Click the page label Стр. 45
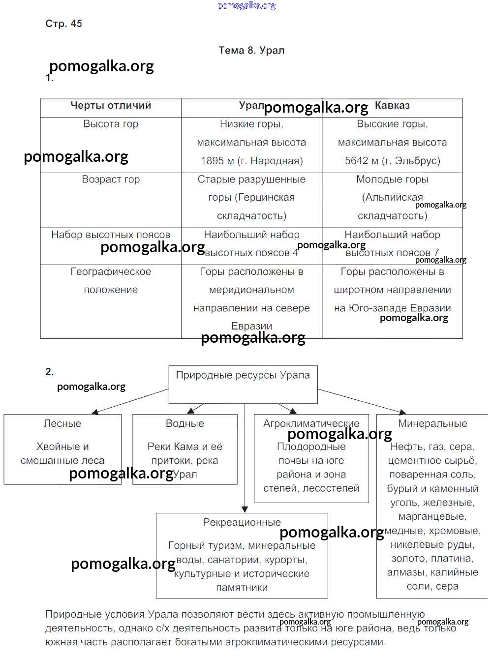[63, 24]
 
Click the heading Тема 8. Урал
[251, 50]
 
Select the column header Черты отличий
[111, 105]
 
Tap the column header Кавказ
[392, 105]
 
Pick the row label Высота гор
[111, 124]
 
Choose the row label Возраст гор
[111, 179]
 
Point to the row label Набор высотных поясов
[111, 235]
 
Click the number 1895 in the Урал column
[212, 161]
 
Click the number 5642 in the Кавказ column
[356, 161]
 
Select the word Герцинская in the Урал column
[265, 197]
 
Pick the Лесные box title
[62, 423]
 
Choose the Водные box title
[184, 423]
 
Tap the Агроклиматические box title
[311, 423]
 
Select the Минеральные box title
[432, 423]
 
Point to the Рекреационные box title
[242, 522]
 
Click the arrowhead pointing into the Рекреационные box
[245, 509]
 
